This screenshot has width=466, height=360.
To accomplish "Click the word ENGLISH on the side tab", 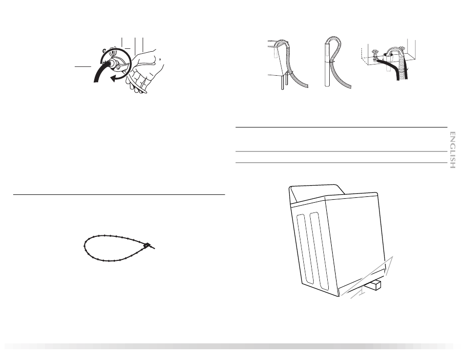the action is pos(452,150).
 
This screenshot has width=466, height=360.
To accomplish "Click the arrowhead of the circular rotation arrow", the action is pos(113,79).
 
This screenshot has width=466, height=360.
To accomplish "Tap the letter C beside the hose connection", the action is pos(105,51).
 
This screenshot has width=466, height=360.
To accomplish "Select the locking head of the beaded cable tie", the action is pos(147,246).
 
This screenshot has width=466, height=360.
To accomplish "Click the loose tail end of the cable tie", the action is pos(152,247).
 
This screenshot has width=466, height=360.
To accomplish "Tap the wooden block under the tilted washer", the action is pos(374,285).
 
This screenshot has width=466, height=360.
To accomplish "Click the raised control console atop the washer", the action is pos(317,194).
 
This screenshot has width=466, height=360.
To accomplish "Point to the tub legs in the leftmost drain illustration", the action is pos(283,82).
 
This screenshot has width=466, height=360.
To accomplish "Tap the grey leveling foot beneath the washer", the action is pos(361,292).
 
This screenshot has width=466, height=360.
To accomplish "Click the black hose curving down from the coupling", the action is pos(100,72).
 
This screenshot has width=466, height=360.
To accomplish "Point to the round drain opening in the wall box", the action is pos(387,54).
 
